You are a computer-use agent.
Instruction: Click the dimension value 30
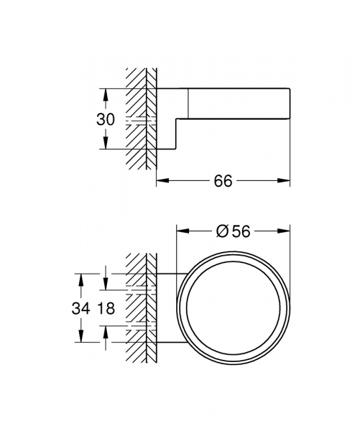coord(106,119)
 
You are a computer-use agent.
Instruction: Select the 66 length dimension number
coord(223,182)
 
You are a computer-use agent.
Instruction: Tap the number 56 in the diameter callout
coord(240,231)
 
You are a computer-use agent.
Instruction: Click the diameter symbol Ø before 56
coord(222,231)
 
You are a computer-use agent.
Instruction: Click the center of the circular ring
coord(233,310)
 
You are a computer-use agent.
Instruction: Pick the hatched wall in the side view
coord(140,119)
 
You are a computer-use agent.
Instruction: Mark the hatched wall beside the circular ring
coord(140,310)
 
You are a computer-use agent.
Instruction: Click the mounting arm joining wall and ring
coord(167,310)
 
